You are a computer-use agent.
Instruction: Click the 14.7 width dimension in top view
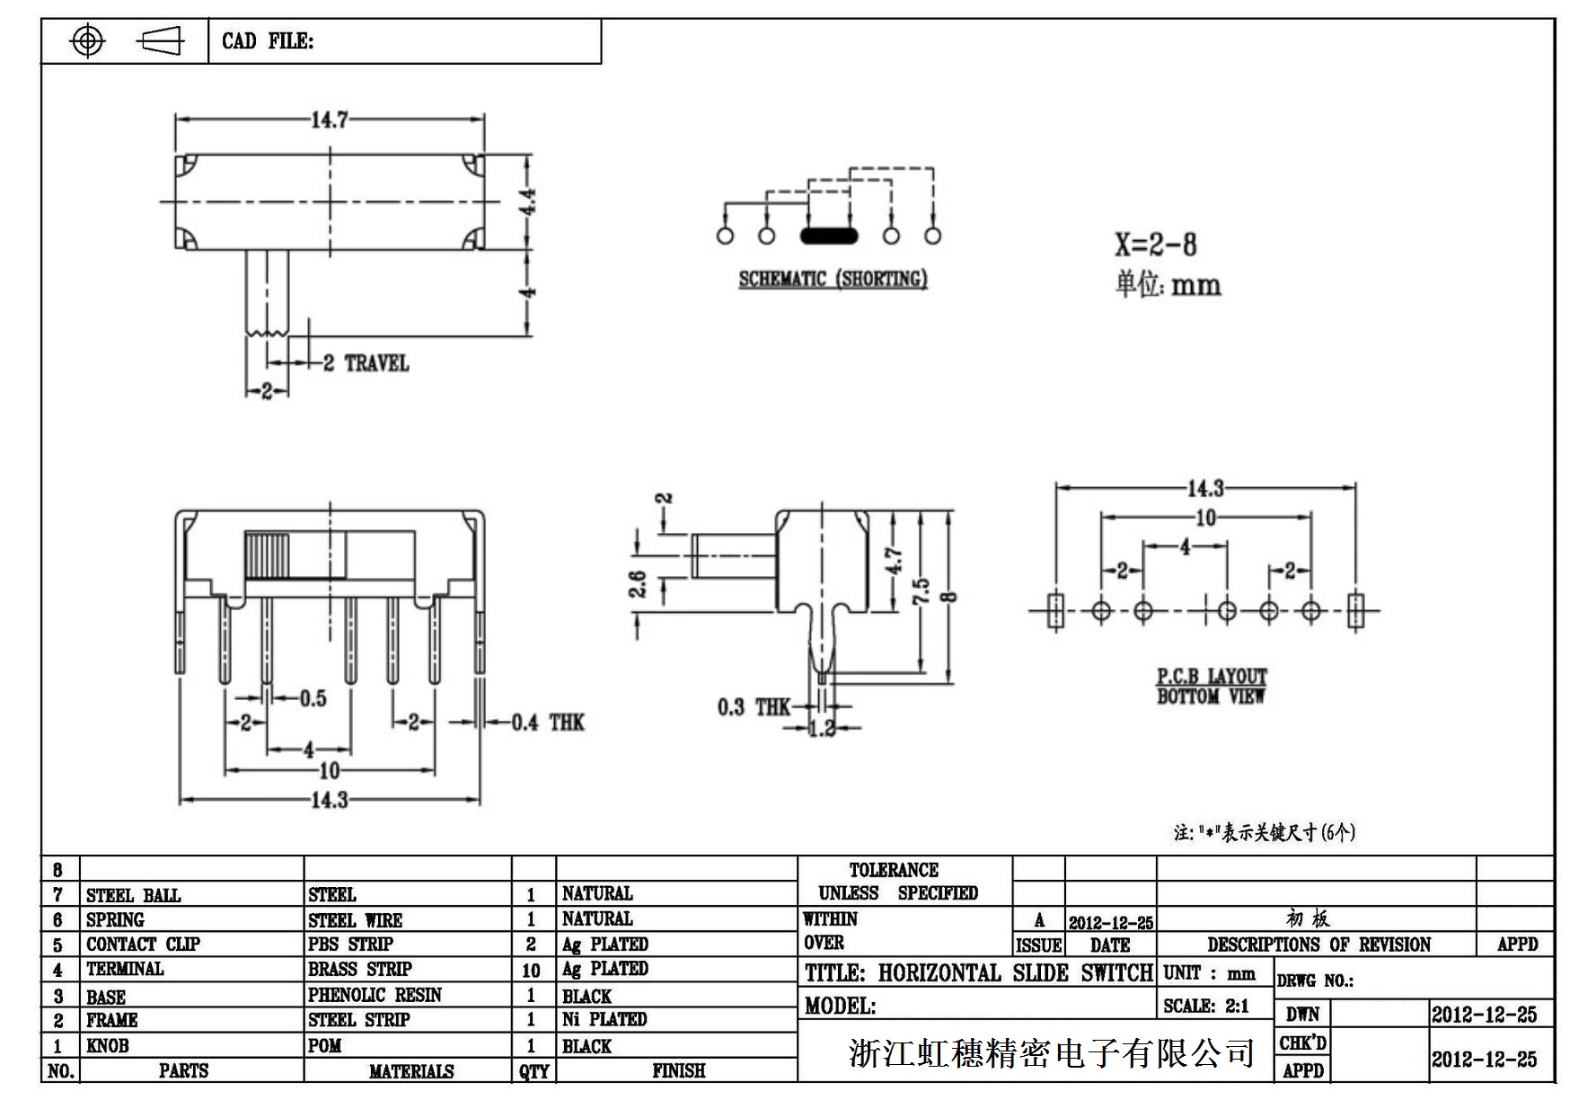click(x=330, y=120)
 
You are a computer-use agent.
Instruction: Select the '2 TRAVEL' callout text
click(x=366, y=363)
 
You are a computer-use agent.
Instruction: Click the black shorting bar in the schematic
click(x=828, y=236)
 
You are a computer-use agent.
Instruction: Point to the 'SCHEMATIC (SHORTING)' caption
click(x=833, y=279)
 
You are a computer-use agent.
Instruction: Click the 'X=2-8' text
click(x=1155, y=244)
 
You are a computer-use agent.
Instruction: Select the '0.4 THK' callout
click(x=547, y=723)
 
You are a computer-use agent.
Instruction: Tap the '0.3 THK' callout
click(x=754, y=707)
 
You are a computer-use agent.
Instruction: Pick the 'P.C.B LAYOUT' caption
click(x=1211, y=676)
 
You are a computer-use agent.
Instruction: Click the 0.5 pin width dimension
click(x=313, y=698)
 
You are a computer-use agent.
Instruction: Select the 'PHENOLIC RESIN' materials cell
click(x=375, y=995)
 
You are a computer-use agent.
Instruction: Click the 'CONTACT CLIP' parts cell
click(x=143, y=945)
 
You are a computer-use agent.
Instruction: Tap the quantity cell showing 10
click(x=532, y=971)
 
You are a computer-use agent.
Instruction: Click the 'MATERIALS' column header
click(x=410, y=1071)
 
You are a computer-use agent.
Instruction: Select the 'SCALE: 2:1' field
click(x=1205, y=1007)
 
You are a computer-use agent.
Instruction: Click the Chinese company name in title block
click(x=1051, y=1052)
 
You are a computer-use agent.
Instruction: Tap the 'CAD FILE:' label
click(x=268, y=41)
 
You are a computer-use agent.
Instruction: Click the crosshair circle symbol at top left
click(x=87, y=40)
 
